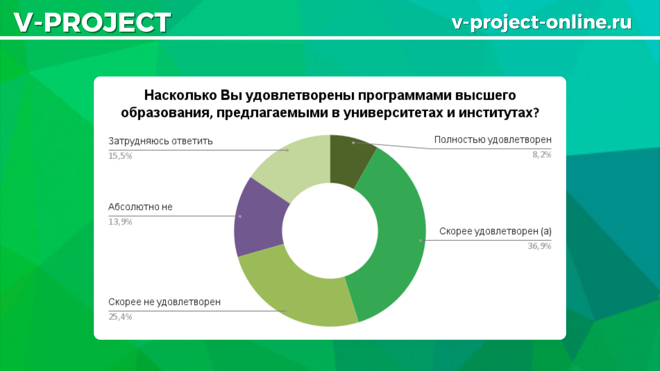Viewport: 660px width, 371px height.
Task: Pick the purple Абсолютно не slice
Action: (x=260, y=220)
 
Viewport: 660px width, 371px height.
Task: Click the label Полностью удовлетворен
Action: (x=493, y=140)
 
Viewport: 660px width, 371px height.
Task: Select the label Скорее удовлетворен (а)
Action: (x=495, y=232)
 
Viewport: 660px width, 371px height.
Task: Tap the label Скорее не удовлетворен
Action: (x=164, y=302)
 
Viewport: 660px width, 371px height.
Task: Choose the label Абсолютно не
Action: (x=140, y=207)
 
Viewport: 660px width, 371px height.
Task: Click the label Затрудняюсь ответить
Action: (x=161, y=141)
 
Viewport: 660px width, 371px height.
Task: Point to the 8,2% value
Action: (x=542, y=155)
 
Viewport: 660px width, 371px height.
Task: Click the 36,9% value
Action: (x=539, y=246)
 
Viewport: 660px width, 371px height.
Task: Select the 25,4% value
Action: (x=120, y=317)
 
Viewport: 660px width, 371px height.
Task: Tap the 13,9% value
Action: (x=120, y=222)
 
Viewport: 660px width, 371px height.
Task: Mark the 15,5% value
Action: (x=120, y=156)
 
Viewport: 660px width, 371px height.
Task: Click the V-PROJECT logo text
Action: (x=92, y=22)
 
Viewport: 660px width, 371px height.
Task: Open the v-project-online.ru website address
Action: (x=542, y=22)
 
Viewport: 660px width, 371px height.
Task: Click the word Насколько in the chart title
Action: (x=180, y=95)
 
